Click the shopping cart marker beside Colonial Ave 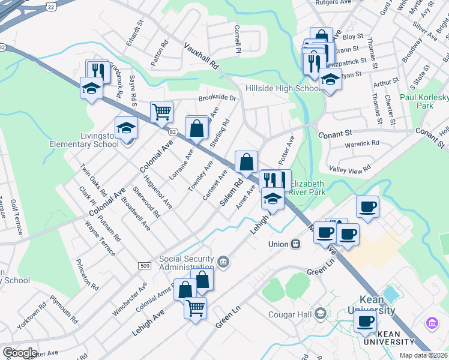click(161, 112)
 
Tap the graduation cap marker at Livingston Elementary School click(126, 128)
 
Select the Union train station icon click(295, 244)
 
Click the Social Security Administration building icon click(223, 260)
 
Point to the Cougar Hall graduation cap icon click(321, 314)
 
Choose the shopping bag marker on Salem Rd click(246, 162)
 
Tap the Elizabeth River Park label click(307, 188)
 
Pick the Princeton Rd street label click(87, 274)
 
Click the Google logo click(20, 353)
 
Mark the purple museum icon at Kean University click(431, 323)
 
